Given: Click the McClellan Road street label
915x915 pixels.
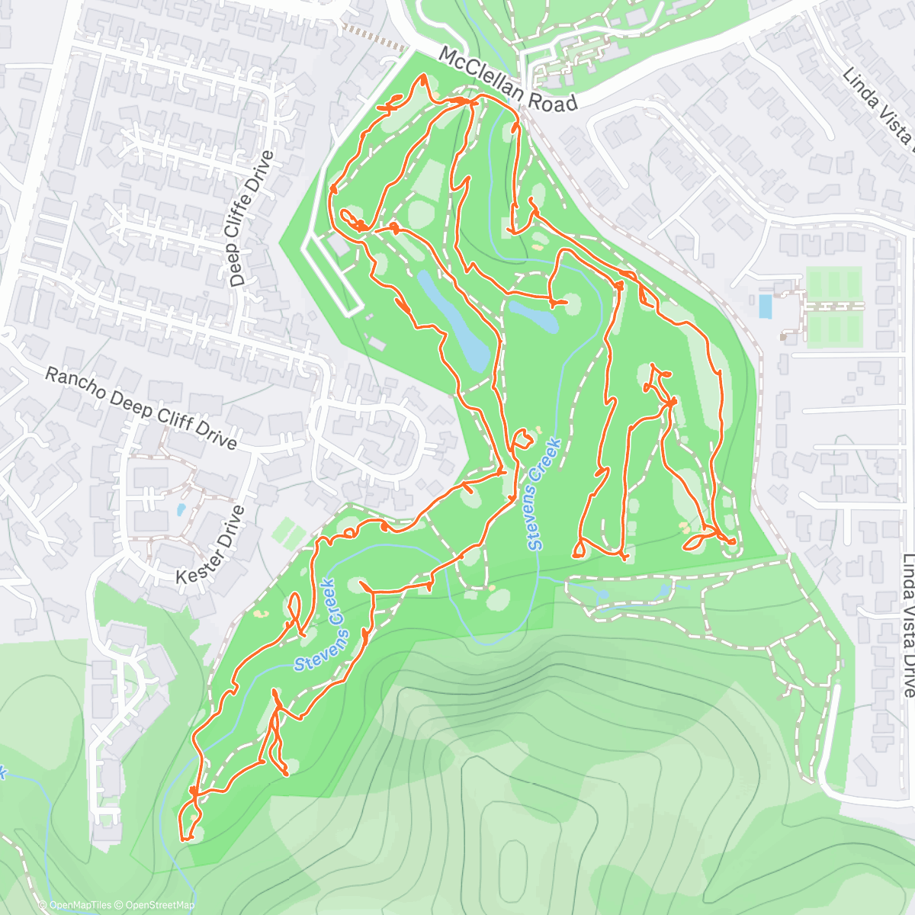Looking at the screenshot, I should coord(508,79).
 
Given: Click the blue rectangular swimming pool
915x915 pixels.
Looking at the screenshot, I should coord(765,306).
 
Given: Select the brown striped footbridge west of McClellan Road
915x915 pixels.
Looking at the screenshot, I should coord(374,37).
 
